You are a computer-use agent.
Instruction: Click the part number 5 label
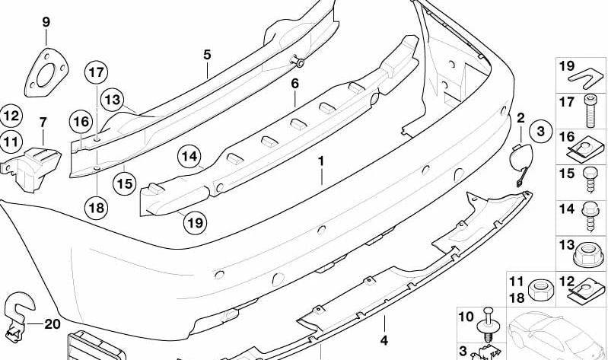coord(206,54)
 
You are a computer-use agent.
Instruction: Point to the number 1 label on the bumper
coord(321,161)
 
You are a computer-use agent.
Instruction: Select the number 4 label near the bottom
coord(384,340)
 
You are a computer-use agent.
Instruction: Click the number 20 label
coord(52,324)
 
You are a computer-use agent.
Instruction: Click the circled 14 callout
coord(190,158)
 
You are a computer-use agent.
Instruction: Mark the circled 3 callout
coord(540,132)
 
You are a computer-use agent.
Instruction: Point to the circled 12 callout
coord(10,116)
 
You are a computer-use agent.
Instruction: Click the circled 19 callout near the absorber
coord(194,223)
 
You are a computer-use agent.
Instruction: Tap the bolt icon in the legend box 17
coord(590,113)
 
